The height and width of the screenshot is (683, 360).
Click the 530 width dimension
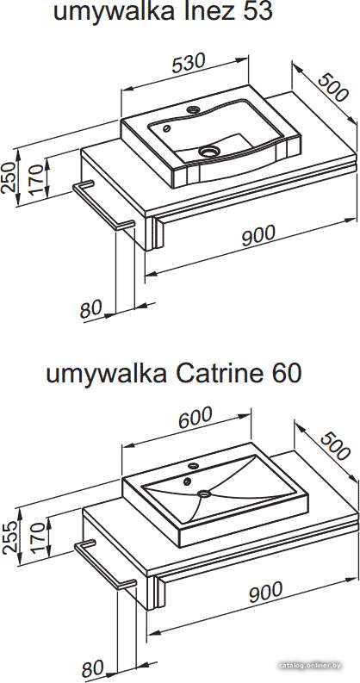pos(188,64)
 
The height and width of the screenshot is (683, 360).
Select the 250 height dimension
pos(9,177)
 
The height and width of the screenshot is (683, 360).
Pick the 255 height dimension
pos(9,537)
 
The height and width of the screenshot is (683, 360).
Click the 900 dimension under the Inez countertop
pos(258,235)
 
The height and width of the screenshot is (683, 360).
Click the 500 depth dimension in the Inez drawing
pos(333,88)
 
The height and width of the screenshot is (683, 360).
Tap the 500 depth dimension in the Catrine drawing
pos(335,446)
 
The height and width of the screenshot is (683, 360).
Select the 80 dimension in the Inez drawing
pos(91,310)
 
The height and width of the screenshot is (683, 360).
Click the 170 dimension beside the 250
pos(38,179)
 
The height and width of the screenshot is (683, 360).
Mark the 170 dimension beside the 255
pos(38,538)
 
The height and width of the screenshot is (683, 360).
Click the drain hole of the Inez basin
pos(208,151)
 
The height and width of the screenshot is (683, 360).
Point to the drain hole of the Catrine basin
pos(203,494)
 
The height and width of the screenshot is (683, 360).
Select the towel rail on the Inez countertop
pos(102,205)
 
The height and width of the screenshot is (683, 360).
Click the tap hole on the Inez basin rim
pos(193,109)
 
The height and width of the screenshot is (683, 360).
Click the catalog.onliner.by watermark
pos(310,666)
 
